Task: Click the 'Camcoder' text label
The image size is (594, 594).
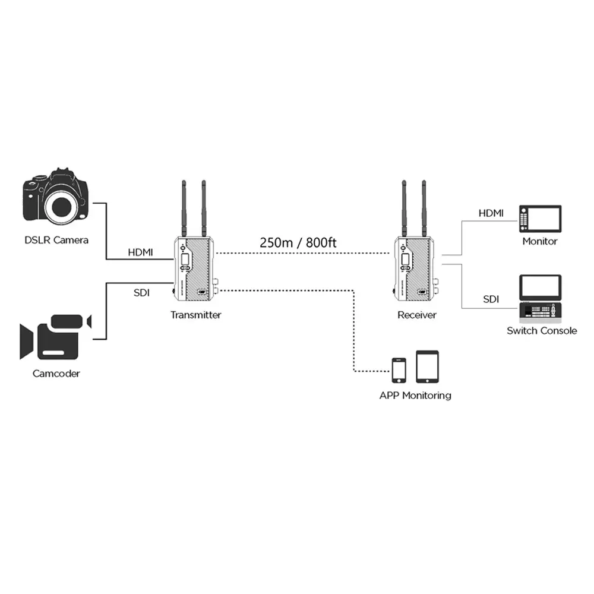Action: [x=56, y=374]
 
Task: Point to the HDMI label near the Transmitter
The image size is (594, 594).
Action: [x=140, y=252]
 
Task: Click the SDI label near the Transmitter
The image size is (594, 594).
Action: [x=141, y=293]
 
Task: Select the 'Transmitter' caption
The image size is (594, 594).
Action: [x=195, y=315]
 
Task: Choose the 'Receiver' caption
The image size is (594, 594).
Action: [x=416, y=315]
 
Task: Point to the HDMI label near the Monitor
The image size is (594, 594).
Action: [x=491, y=213]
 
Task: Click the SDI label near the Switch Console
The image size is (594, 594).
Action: [x=491, y=299]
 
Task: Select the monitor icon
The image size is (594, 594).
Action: [x=539, y=219]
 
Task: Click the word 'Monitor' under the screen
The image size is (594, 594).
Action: [x=539, y=241]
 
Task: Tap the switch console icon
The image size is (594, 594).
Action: [x=540, y=298]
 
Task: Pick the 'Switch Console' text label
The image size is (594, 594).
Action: [x=541, y=331]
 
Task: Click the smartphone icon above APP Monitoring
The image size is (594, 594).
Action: [x=399, y=369]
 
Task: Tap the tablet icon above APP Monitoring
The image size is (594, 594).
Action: [x=427, y=366]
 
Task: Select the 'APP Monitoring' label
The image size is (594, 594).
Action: [x=415, y=395]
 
